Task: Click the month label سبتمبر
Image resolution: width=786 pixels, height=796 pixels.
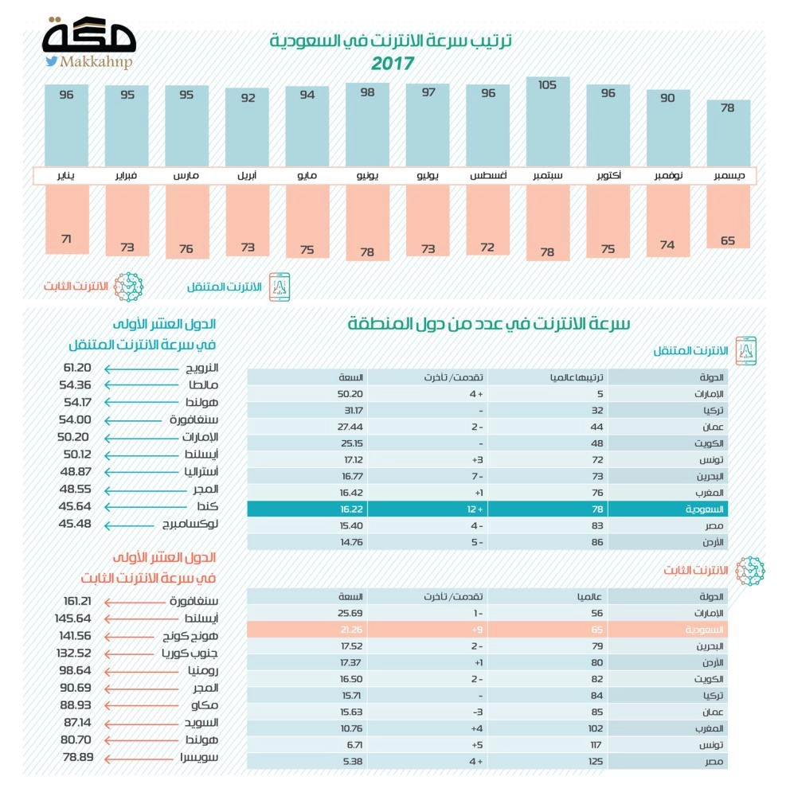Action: pyautogui.click(x=547, y=174)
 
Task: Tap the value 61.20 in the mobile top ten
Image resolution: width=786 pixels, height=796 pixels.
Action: pyautogui.click(x=79, y=368)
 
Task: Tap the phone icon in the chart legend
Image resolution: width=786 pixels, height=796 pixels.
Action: pyautogui.click(x=280, y=286)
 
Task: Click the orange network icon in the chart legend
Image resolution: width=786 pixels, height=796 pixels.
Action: pyautogui.click(x=128, y=286)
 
